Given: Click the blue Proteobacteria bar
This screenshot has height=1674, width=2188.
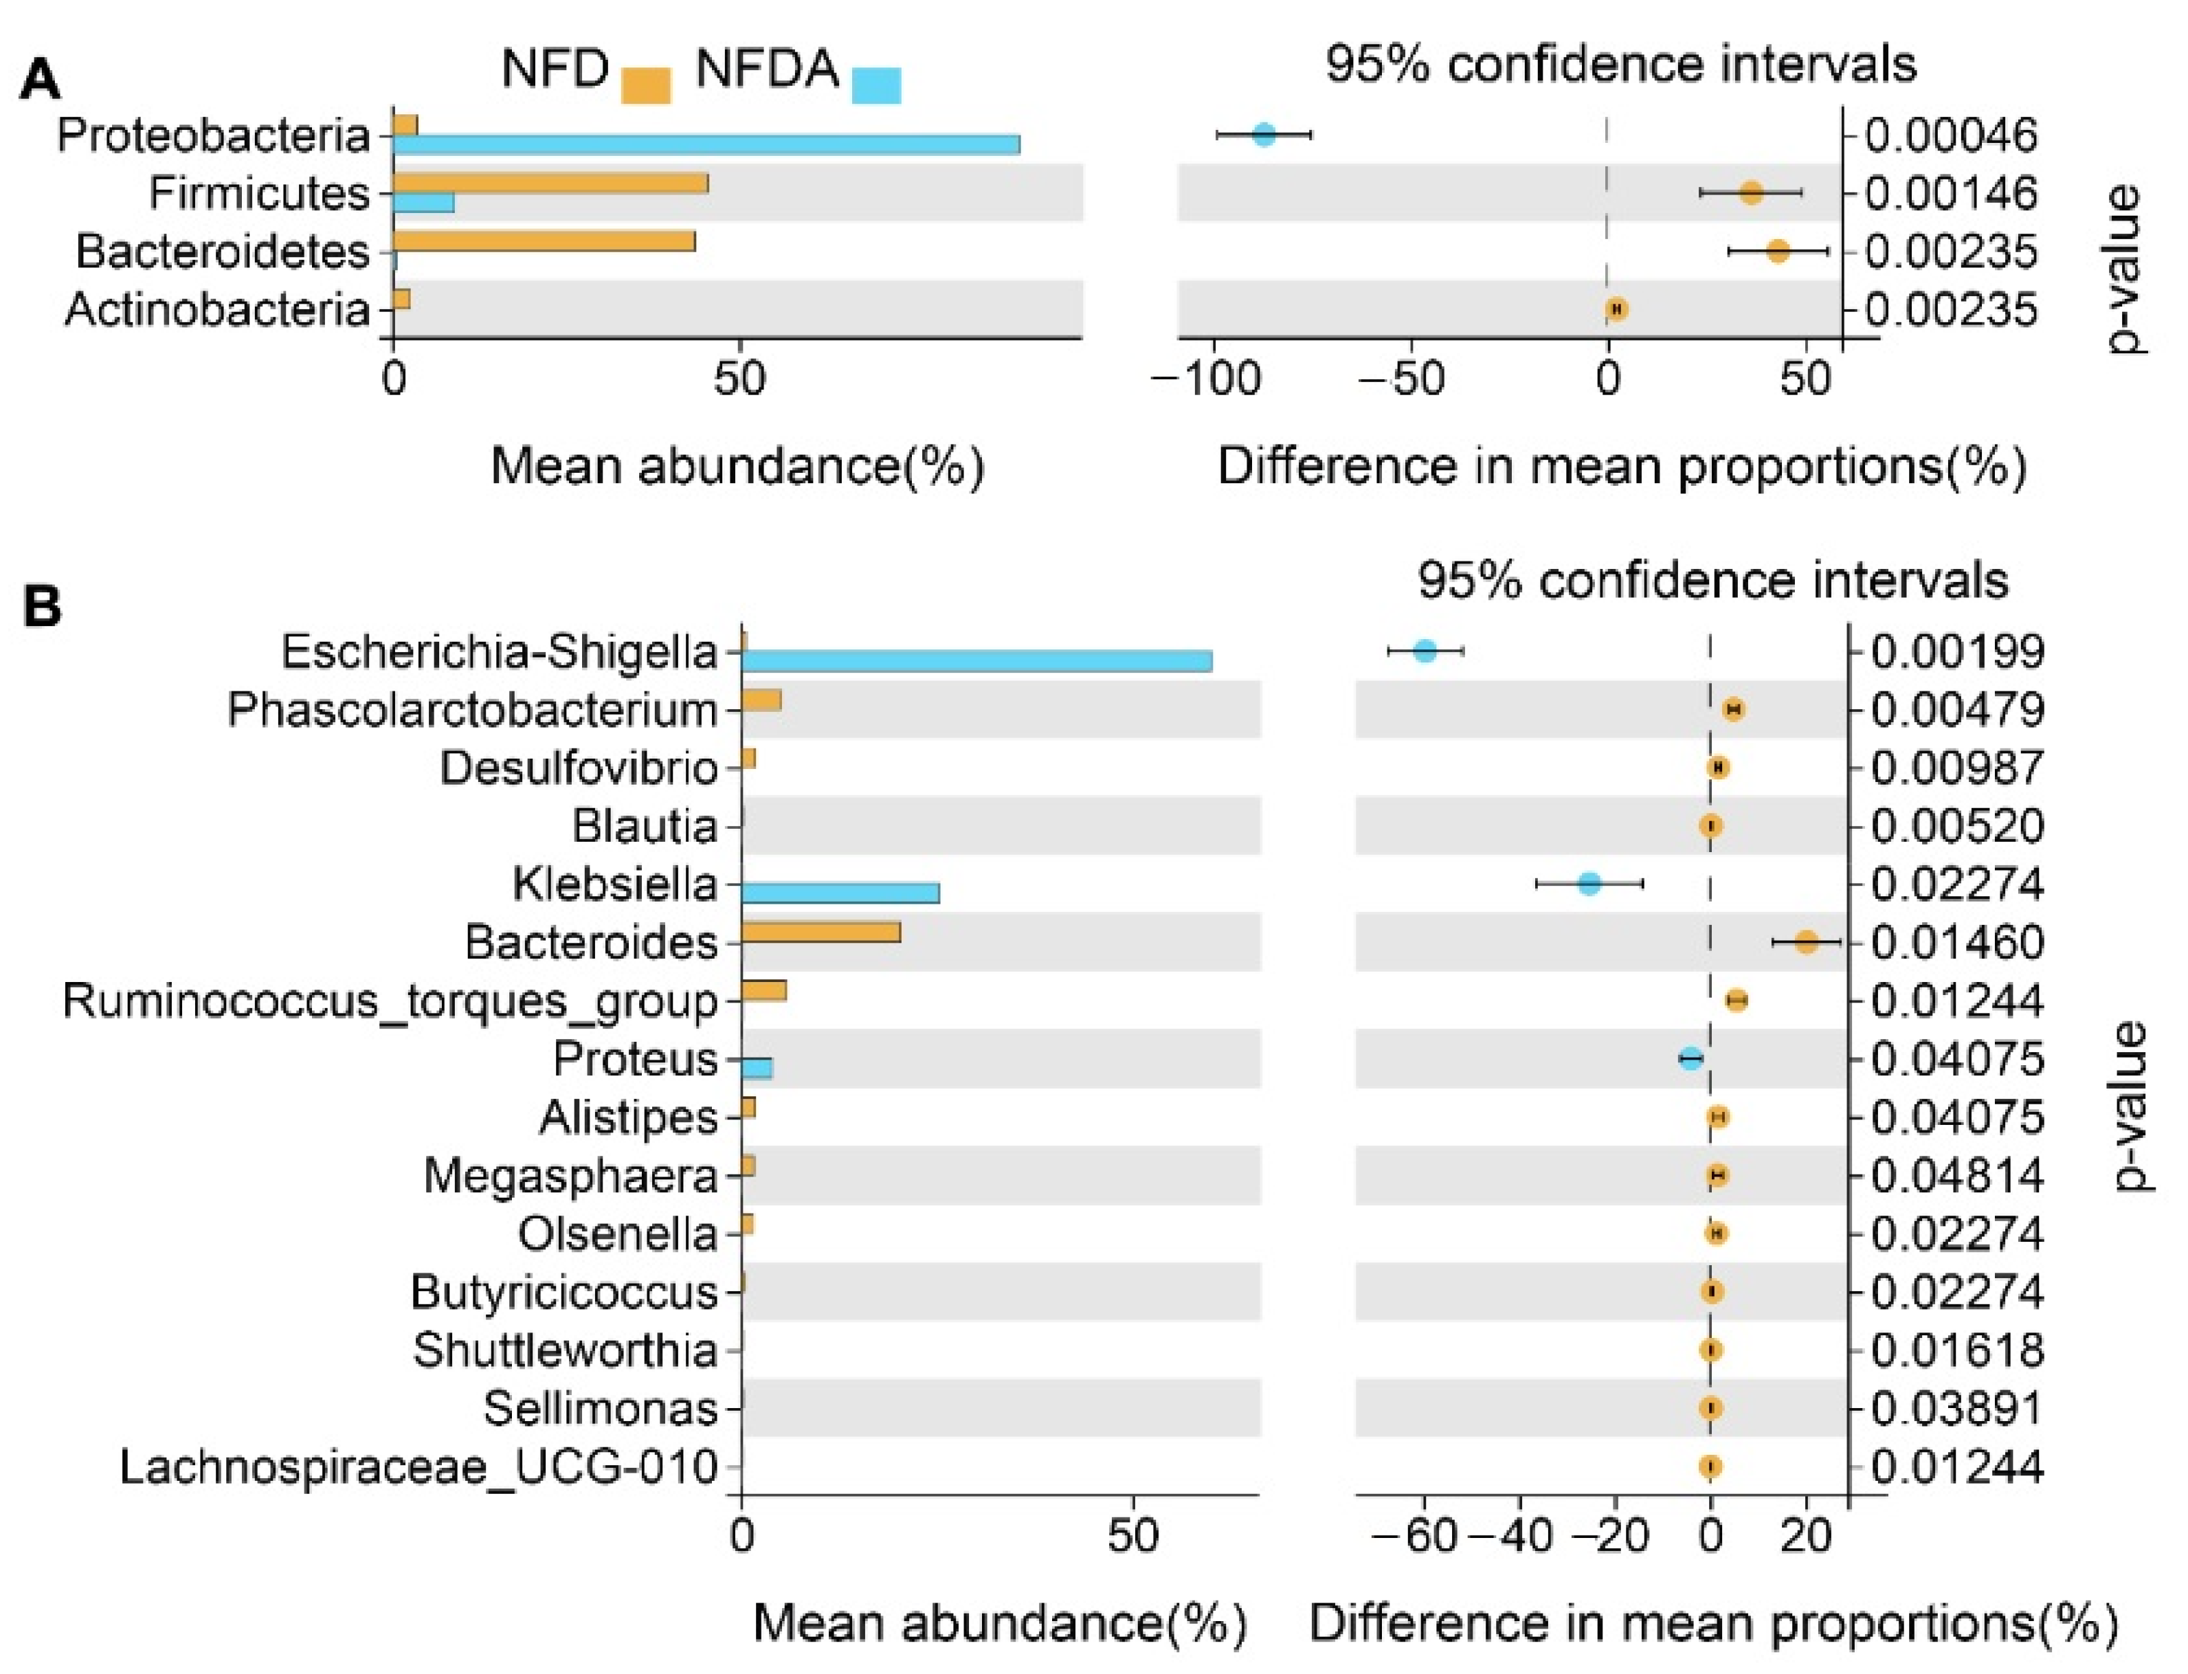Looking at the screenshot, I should pyautogui.click(x=706, y=144).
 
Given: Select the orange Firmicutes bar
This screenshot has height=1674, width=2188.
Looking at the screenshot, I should pyautogui.click(x=550, y=183).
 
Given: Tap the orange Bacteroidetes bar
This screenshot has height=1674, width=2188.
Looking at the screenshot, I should pyautogui.click(x=543, y=241).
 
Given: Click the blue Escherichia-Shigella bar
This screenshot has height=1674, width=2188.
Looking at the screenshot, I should pyautogui.click(x=976, y=660).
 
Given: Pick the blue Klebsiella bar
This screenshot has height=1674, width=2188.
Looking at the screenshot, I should pyautogui.click(x=840, y=893).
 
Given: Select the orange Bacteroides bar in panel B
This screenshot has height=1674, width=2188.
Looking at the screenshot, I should pyautogui.click(x=820, y=933).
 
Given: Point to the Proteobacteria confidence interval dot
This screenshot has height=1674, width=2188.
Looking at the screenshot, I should pyautogui.click(x=1263, y=135).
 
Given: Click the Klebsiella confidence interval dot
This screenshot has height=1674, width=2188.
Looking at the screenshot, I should pyautogui.click(x=1589, y=883).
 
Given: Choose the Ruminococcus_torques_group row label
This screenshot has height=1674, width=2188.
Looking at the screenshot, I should pyautogui.click(x=390, y=1001).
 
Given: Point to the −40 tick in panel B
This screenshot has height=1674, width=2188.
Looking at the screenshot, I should pyautogui.click(x=1510, y=1537).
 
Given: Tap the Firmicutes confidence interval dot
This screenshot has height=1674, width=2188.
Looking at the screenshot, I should pyautogui.click(x=1750, y=193).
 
